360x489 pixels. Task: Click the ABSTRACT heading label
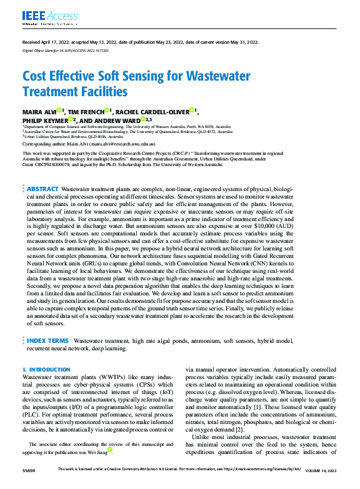[x=42, y=188]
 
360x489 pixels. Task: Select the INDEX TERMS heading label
[x=47, y=340]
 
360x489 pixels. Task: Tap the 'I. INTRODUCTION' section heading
[x=46, y=370]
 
